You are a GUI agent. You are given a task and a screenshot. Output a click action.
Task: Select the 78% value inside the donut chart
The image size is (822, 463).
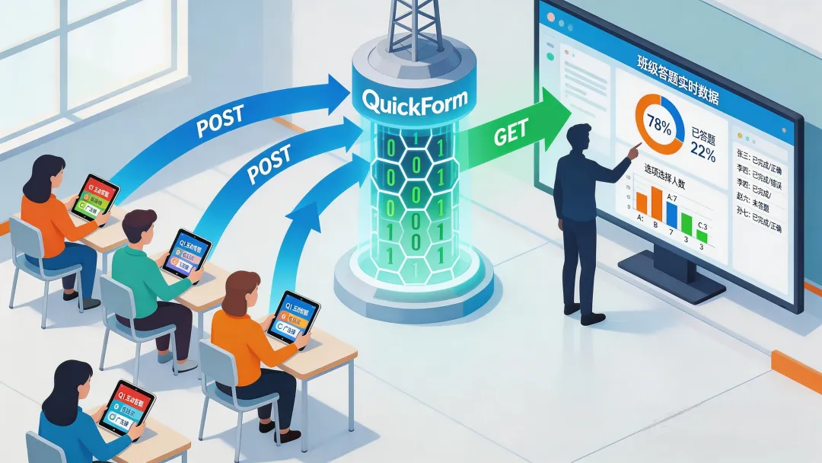tap(658, 124)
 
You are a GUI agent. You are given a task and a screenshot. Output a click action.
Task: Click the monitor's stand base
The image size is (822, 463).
tap(670, 273)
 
